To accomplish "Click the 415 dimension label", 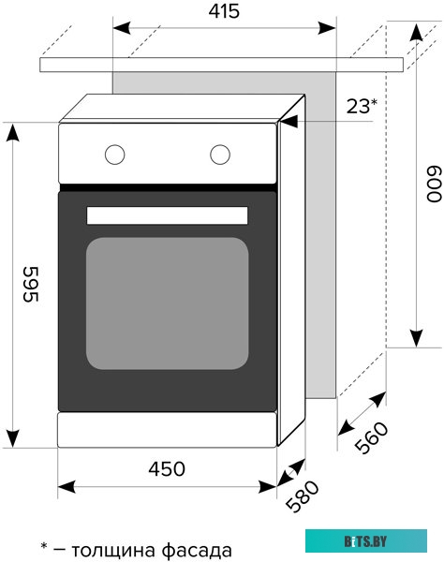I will (224, 11).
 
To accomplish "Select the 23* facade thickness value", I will (362, 106).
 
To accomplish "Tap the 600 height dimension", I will (433, 185).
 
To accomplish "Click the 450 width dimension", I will (167, 468).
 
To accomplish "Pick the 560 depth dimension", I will (372, 436).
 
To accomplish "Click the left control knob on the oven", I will (114, 153).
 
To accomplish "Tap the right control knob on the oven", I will (221, 153).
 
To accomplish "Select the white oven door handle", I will (167, 215).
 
